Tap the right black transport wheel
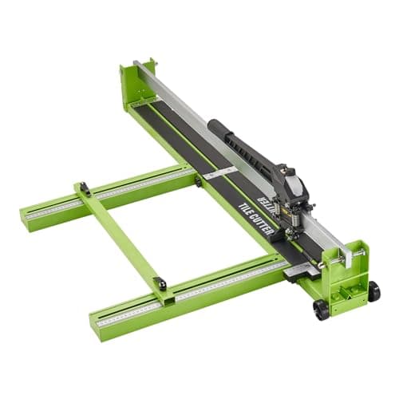pos(373,291)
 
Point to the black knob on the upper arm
pos(84,188)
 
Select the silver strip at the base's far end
pos(144,102)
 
